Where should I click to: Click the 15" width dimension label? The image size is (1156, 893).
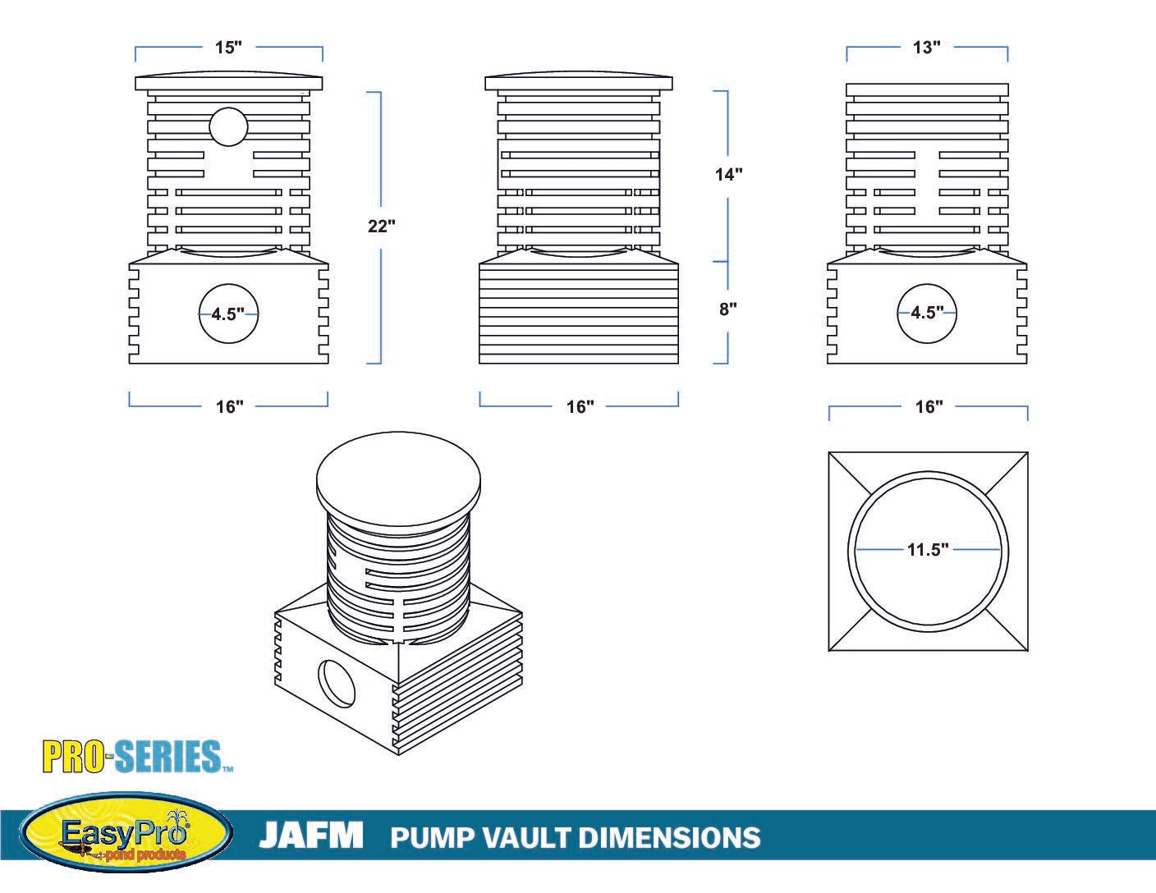228,48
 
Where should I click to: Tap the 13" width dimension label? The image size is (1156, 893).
926,48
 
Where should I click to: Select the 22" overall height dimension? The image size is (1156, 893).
382,227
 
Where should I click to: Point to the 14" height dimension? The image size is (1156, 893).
728,174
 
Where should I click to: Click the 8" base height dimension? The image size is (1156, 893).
728,309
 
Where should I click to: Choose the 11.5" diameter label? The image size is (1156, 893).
928,549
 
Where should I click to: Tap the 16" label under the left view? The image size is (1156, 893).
230,406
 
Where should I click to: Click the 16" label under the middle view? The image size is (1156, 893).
580,406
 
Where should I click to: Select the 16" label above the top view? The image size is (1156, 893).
929,406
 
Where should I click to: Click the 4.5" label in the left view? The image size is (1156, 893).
228,314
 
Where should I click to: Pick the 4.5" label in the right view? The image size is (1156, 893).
927,313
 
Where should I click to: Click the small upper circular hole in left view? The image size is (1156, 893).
227,127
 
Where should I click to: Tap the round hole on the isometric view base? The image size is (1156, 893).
336,681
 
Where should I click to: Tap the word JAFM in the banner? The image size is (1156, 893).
310,836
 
